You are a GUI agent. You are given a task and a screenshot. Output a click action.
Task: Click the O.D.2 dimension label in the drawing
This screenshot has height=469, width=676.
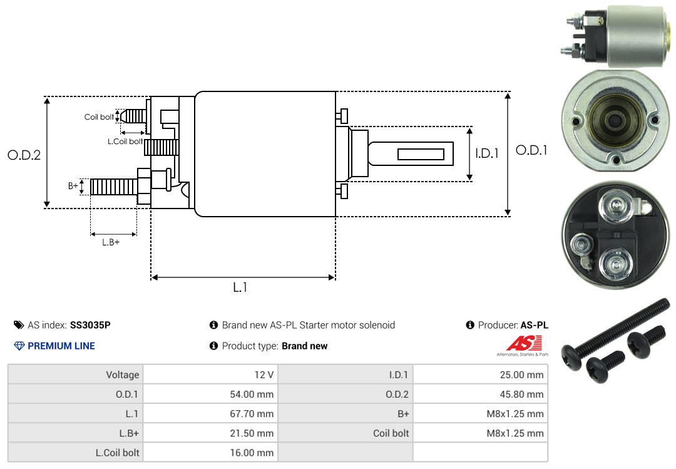(24, 155)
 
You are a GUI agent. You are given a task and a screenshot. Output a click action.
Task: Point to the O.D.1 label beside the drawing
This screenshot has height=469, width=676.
(531, 150)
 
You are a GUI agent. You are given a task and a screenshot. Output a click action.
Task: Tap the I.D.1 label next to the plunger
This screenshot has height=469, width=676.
(487, 153)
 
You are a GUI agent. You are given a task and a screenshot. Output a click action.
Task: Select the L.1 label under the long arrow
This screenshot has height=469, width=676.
(240, 287)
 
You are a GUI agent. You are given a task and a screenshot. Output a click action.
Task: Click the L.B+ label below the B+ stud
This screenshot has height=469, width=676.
(111, 242)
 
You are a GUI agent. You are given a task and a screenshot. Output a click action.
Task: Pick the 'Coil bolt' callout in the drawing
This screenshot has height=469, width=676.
(99, 117)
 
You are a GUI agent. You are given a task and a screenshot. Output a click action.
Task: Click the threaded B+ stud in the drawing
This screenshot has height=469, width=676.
(115, 187)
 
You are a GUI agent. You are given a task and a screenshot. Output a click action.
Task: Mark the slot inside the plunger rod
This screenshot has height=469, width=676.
(421, 154)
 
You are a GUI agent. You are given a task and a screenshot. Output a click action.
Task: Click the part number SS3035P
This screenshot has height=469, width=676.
(90, 325)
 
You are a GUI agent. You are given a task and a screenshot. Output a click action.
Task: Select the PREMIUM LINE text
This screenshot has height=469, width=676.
(61, 346)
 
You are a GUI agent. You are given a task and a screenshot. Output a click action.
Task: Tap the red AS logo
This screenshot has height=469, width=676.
(524, 343)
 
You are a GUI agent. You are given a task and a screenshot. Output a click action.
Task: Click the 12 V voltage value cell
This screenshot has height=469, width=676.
(210, 374)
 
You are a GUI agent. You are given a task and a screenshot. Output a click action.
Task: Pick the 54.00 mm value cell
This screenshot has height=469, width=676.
(210, 394)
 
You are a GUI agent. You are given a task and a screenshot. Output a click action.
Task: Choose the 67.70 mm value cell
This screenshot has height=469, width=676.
(210, 414)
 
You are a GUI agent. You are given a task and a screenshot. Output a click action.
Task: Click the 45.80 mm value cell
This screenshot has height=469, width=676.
(480, 394)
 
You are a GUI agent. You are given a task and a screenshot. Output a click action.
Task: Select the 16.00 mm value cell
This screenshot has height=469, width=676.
(210, 453)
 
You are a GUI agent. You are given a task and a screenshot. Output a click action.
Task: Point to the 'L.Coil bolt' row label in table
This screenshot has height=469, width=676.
(117, 453)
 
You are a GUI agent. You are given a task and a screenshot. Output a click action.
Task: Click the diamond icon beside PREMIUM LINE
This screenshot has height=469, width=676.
(19, 346)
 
